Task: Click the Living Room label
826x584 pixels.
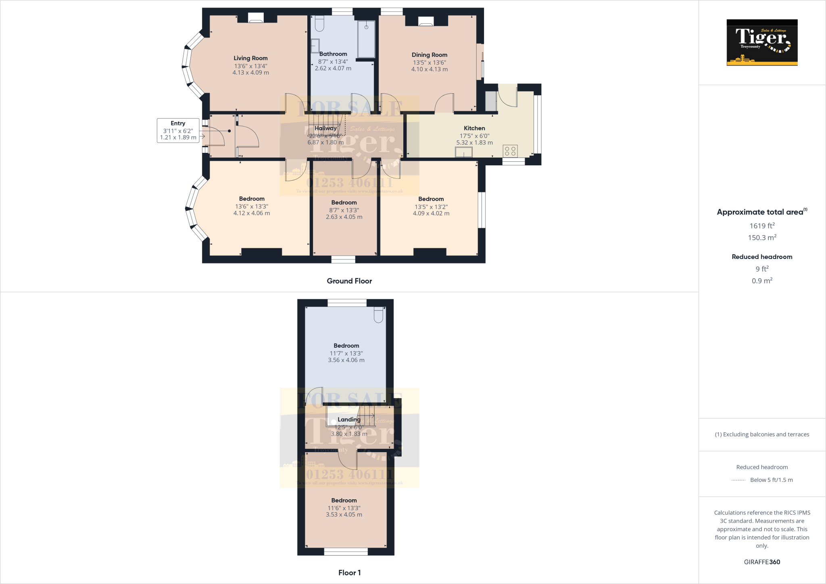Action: point(250,58)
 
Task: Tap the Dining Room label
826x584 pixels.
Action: point(429,55)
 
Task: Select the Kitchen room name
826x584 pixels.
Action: point(474,128)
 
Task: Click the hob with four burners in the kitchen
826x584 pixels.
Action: point(510,151)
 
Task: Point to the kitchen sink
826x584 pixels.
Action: point(464,152)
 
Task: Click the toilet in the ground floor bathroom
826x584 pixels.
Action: point(319,23)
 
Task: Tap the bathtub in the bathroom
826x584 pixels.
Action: point(366,39)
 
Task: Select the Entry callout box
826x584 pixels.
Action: point(178,130)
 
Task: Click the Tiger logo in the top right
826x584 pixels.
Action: point(762,42)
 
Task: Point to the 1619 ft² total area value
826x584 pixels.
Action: point(762,226)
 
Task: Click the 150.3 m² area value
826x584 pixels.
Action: point(762,238)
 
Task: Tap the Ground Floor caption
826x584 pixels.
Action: point(349,281)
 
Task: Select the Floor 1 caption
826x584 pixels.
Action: point(349,573)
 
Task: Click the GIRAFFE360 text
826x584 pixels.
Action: point(762,562)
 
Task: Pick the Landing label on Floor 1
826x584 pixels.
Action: point(349,419)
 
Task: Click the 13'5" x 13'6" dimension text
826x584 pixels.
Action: point(429,63)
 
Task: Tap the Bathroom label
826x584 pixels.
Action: point(333,54)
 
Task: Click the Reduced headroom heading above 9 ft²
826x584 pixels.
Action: point(762,257)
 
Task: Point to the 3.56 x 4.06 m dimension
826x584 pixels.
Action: point(346,360)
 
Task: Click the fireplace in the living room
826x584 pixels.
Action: point(256,18)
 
